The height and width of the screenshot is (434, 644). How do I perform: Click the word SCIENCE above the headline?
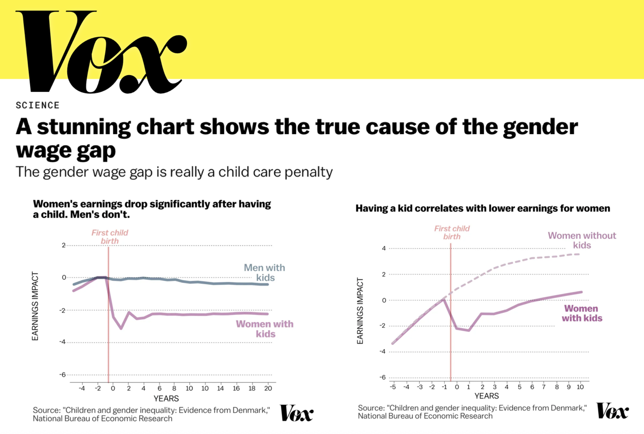(x=37, y=105)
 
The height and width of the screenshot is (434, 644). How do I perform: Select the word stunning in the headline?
(x=84, y=127)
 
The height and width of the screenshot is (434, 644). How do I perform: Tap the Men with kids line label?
(x=265, y=273)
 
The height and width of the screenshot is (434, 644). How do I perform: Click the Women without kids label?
(x=582, y=240)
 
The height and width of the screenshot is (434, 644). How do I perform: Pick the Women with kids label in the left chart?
(x=265, y=329)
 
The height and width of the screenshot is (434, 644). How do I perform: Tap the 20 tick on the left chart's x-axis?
(x=268, y=388)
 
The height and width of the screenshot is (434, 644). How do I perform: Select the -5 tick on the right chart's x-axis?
(x=393, y=387)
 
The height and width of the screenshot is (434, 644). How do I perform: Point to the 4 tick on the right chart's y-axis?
(x=384, y=248)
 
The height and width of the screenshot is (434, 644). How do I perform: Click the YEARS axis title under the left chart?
(x=166, y=398)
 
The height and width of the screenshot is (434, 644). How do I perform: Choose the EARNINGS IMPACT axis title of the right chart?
(x=360, y=311)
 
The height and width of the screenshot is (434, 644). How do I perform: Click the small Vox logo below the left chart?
(x=296, y=413)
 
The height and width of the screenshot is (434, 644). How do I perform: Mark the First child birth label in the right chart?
(x=452, y=232)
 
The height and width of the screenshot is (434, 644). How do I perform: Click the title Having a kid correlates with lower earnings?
(x=482, y=208)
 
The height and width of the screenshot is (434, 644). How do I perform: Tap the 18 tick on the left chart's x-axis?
(x=252, y=388)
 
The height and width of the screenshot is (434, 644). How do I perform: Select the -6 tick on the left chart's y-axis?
(x=62, y=374)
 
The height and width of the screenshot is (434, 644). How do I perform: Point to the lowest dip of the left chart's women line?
(x=121, y=328)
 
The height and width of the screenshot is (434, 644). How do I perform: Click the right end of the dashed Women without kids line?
(x=579, y=254)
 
